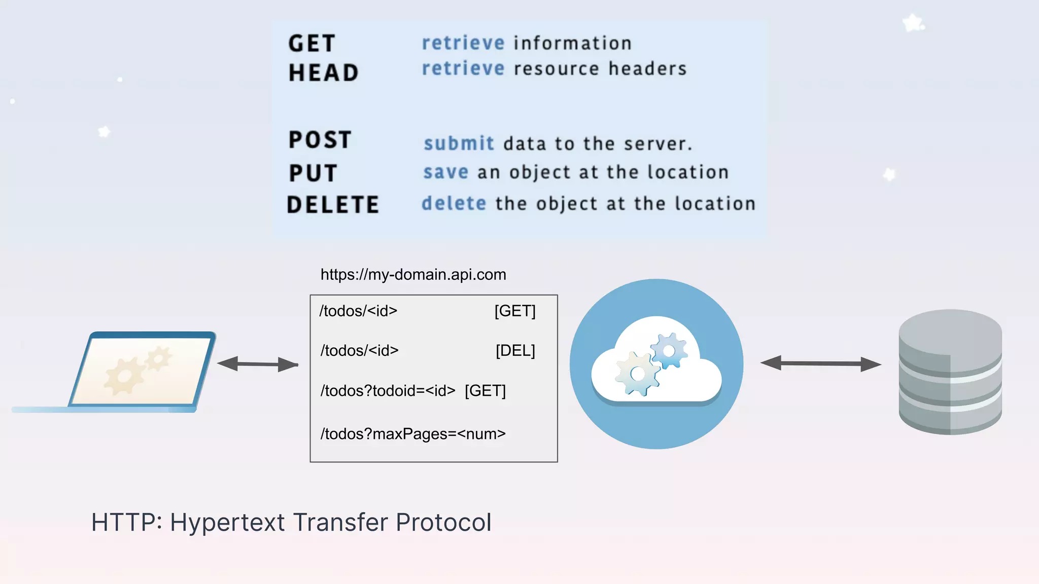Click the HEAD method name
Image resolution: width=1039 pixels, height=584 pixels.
point(324,73)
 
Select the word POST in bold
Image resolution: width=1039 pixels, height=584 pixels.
point(320,140)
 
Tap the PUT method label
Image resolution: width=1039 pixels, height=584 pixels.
point(313,173)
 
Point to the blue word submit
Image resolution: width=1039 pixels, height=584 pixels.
point(459,143)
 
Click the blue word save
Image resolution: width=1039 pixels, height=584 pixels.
point(446,172)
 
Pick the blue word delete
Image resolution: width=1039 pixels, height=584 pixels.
point(454,204)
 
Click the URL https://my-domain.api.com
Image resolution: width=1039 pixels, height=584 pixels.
point(413,275)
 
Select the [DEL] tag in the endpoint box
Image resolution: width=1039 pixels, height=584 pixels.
point(515,350)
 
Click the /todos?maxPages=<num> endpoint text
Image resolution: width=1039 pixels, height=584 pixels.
point(413,434)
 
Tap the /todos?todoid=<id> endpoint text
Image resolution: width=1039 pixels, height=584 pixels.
point(388,391)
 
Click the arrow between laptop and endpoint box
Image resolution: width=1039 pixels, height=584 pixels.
point(258,364)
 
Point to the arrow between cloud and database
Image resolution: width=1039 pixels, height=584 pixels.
point(820,363)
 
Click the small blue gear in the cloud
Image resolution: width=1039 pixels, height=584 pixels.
point(669,350)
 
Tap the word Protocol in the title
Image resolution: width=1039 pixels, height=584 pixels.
point(443,523)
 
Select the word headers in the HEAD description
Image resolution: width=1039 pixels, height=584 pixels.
point(647,69)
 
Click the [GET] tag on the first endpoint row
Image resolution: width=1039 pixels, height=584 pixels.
point(515,311)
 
